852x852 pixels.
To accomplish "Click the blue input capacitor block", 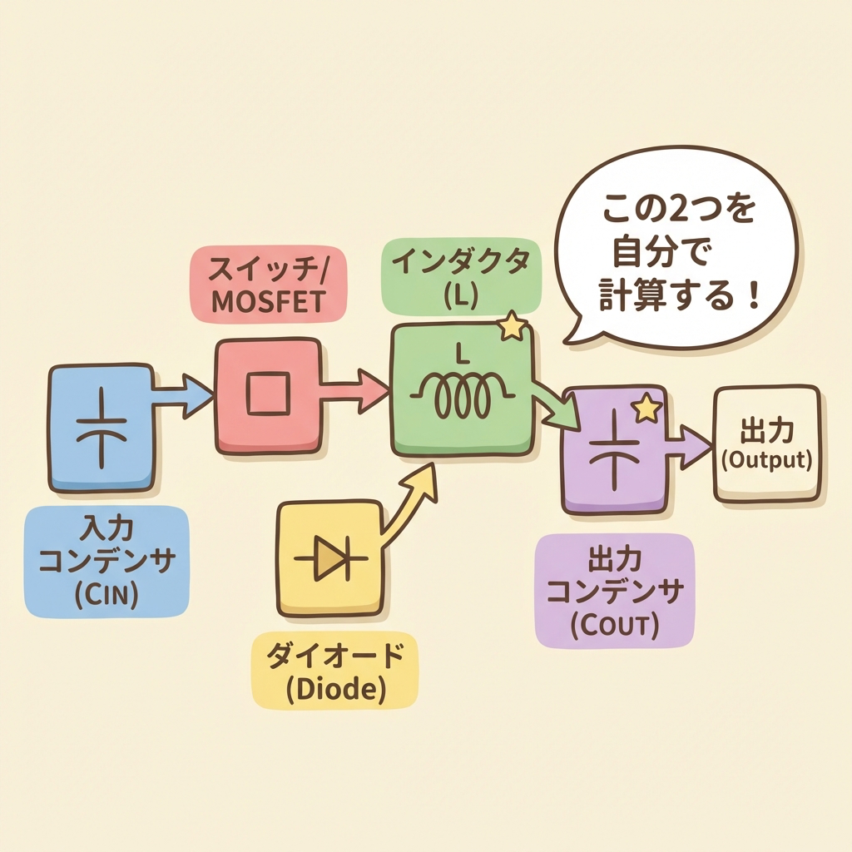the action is coord(102,428).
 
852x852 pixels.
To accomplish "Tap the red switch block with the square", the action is coord(269,395).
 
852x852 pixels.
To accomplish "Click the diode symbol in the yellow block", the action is coord(331,559).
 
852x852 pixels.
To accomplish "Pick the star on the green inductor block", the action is coord(512,326).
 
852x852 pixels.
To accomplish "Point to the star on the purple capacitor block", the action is coord(647,408).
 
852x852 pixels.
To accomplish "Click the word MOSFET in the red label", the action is coord(269,301).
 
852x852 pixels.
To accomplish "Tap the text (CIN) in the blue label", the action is coord(106,594).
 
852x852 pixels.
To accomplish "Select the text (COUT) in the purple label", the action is coord(615,626).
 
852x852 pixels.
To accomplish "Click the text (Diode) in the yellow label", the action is coord(335,689).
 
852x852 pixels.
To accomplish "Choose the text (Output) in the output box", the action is coord(766,460).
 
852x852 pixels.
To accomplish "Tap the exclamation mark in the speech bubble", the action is coord(752,295).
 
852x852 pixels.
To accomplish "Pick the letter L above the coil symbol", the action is coord(462,354).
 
